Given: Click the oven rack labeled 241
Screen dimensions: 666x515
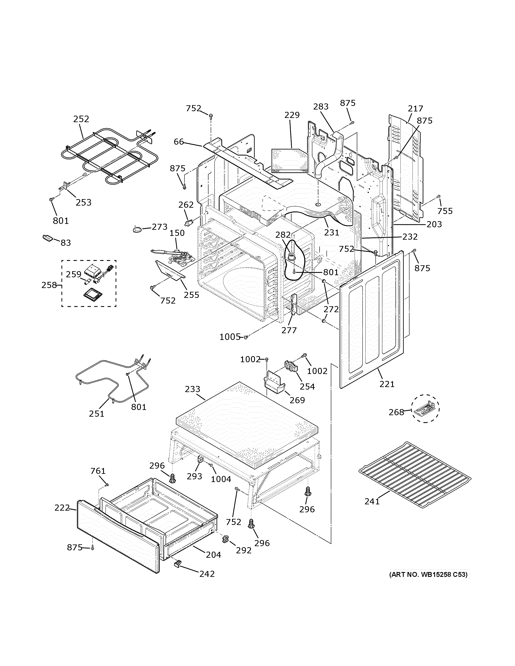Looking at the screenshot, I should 415,474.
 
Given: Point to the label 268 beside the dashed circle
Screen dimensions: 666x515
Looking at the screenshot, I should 396,412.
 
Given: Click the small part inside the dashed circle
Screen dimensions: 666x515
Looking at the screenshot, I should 425,409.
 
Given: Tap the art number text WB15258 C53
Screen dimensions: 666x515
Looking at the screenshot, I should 429,575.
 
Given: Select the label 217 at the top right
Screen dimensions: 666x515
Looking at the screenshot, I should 415,108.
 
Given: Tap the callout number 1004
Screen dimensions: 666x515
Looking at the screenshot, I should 221,479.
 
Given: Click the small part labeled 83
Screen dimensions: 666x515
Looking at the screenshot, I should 48,238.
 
